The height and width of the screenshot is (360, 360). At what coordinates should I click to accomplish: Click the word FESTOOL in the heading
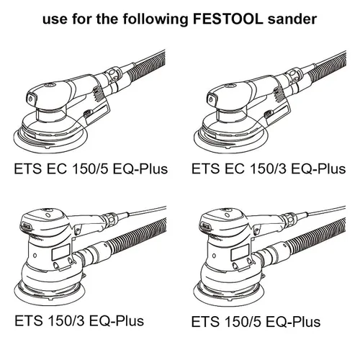[x=228, y=19]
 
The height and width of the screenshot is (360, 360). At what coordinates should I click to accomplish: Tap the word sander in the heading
[x=292, y=19]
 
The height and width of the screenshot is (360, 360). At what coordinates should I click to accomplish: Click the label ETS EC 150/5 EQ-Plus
[x=91, y=168]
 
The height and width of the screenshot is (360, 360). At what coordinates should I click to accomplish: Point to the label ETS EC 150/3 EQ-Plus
[x=269, y=168]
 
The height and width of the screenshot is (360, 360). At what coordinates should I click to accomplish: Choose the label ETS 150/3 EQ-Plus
[x=79, y=320]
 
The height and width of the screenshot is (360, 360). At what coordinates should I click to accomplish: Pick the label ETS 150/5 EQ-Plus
[x=256, y=322]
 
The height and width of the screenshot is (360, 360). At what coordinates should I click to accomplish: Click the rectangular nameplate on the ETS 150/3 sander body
[x=61, y=253]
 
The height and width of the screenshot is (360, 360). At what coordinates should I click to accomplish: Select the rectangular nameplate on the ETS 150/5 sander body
[x=240, y=253]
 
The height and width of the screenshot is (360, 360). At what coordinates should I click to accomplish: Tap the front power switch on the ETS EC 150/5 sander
[x=31, y=99]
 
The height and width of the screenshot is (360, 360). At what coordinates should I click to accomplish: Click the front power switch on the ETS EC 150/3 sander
[x=212, y=99]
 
